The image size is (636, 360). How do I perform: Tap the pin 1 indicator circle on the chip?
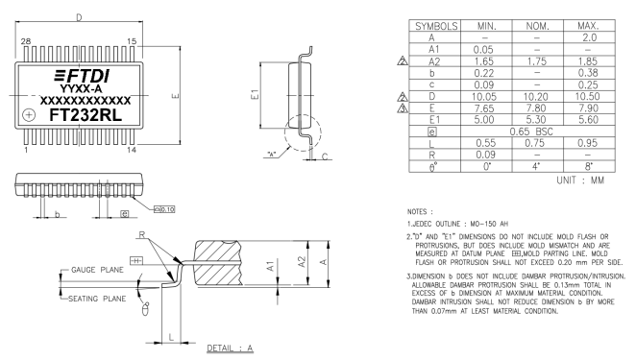pyautogui.click(x=29, y=114)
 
